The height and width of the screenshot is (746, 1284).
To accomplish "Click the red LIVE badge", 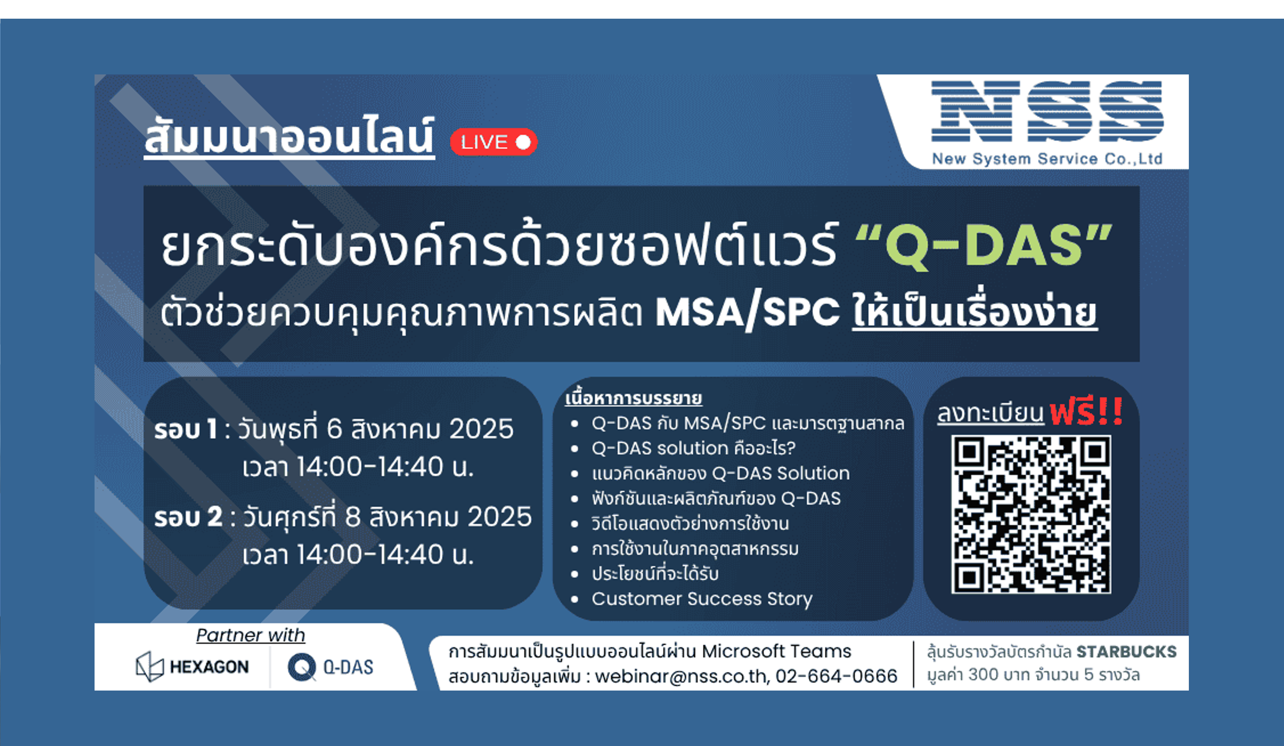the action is tap(493, 142).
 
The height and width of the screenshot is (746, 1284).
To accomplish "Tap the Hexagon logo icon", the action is tap(149, 666).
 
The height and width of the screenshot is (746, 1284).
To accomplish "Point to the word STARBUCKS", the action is tap(1126, 652).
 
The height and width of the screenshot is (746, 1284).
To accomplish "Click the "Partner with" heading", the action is tap(251, 635).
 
